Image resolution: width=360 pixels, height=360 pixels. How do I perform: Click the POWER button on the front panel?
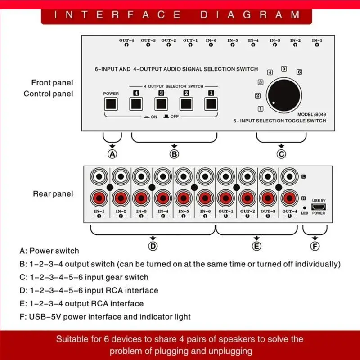pyautogui.click(x=111, y=104)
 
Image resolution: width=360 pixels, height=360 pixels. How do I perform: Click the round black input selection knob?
pyautogui.click(x=284, y=94)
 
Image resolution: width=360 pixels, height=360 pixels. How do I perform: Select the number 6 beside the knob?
pyautogui.click(x=299, y=72)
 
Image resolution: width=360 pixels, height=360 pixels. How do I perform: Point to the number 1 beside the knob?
pyautogui.click(x=261, y=108)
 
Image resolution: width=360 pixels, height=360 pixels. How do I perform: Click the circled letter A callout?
pyautogui.click(x=112, y=154)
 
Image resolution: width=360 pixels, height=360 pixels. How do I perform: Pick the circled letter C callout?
pyautogui.click(x=281, y=154)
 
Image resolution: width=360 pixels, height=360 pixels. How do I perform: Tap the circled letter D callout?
pyautogui.click(x=153, y=246)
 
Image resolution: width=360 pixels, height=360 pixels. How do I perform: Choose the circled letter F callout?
pyautogui.click(x=315, y=246)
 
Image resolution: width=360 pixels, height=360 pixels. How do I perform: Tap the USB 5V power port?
pyautogui.click(x=318, y=207)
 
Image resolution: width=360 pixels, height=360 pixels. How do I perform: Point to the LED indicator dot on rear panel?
pyautogui.click(x=305, y=207)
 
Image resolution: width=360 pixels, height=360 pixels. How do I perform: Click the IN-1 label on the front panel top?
pyautogui.click(x=317, y=40)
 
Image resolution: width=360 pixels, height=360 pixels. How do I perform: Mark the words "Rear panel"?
pyautogui.click(x=53, y=194)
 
